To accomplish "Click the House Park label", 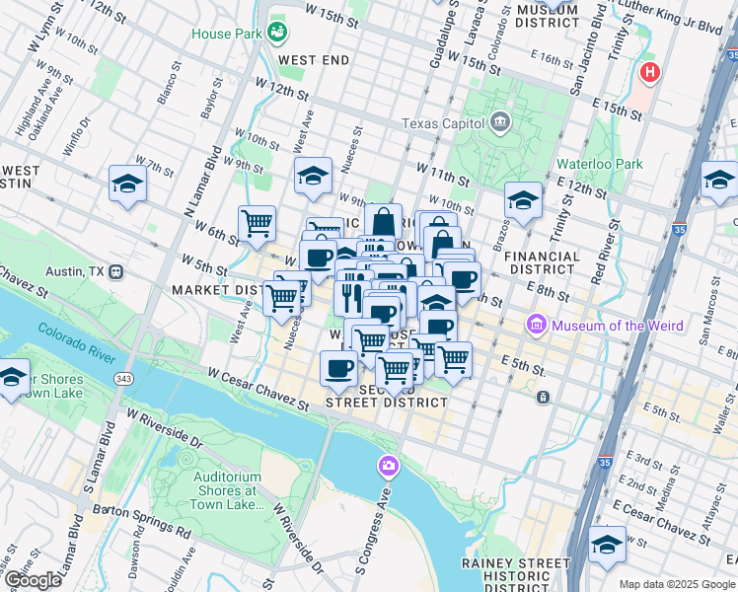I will (x=226, y=33).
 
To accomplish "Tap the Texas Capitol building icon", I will (x=499, y=123).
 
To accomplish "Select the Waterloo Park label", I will (x=599, y=164).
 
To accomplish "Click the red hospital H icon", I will (x=649, y=72).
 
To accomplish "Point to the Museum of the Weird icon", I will (x=537, y=324).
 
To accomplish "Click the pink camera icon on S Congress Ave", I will (x=390, y=465).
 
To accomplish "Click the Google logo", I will (x=33, y=580).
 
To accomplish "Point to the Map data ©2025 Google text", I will (x=677, y=584).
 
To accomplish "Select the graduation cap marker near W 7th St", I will (x=128, y=185).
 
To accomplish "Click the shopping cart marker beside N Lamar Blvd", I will (x=258, y=223).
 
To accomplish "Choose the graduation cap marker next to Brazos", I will (x=523, y=200).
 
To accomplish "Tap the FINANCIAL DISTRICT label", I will (x=542, y=263).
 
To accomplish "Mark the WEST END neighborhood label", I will (x=314, y=60).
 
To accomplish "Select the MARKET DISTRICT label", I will (x=213, y=290).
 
